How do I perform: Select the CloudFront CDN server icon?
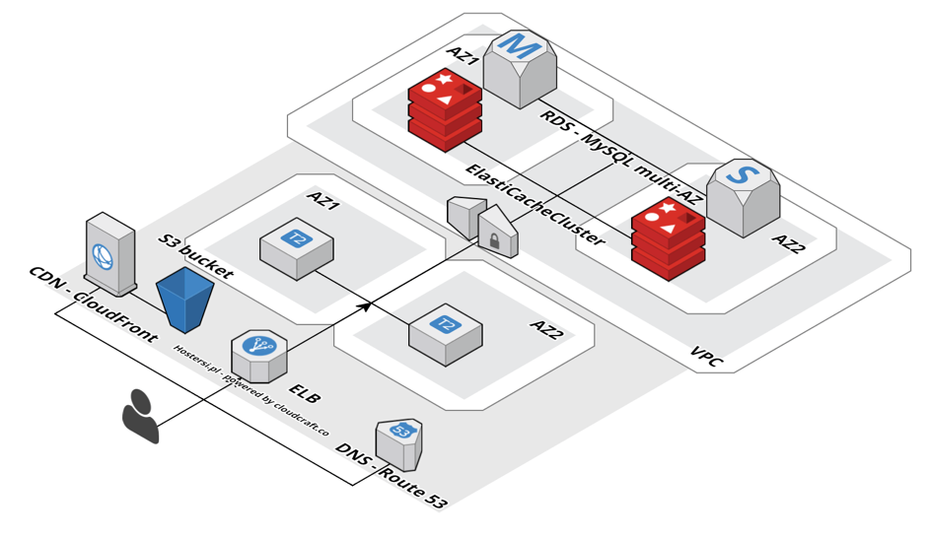click(109, 253)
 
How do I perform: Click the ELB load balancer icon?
click(258, 355)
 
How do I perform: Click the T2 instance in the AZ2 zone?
click(446, 332)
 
